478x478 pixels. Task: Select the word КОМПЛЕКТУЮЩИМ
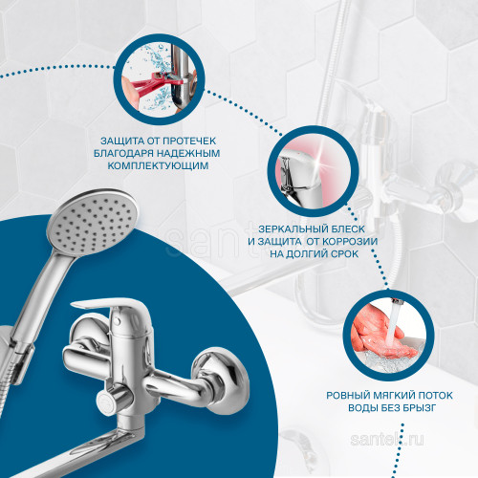click(158, 165)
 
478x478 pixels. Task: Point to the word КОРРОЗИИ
click(350, 241)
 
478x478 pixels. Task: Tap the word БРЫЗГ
click(418, 408)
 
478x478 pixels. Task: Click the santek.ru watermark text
click(387, 440)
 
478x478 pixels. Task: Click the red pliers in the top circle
click(151, 84)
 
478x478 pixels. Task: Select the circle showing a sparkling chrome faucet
click(313, 171)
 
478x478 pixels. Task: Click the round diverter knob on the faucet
click(108, 402)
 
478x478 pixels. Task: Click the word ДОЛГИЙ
click(306, 254)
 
